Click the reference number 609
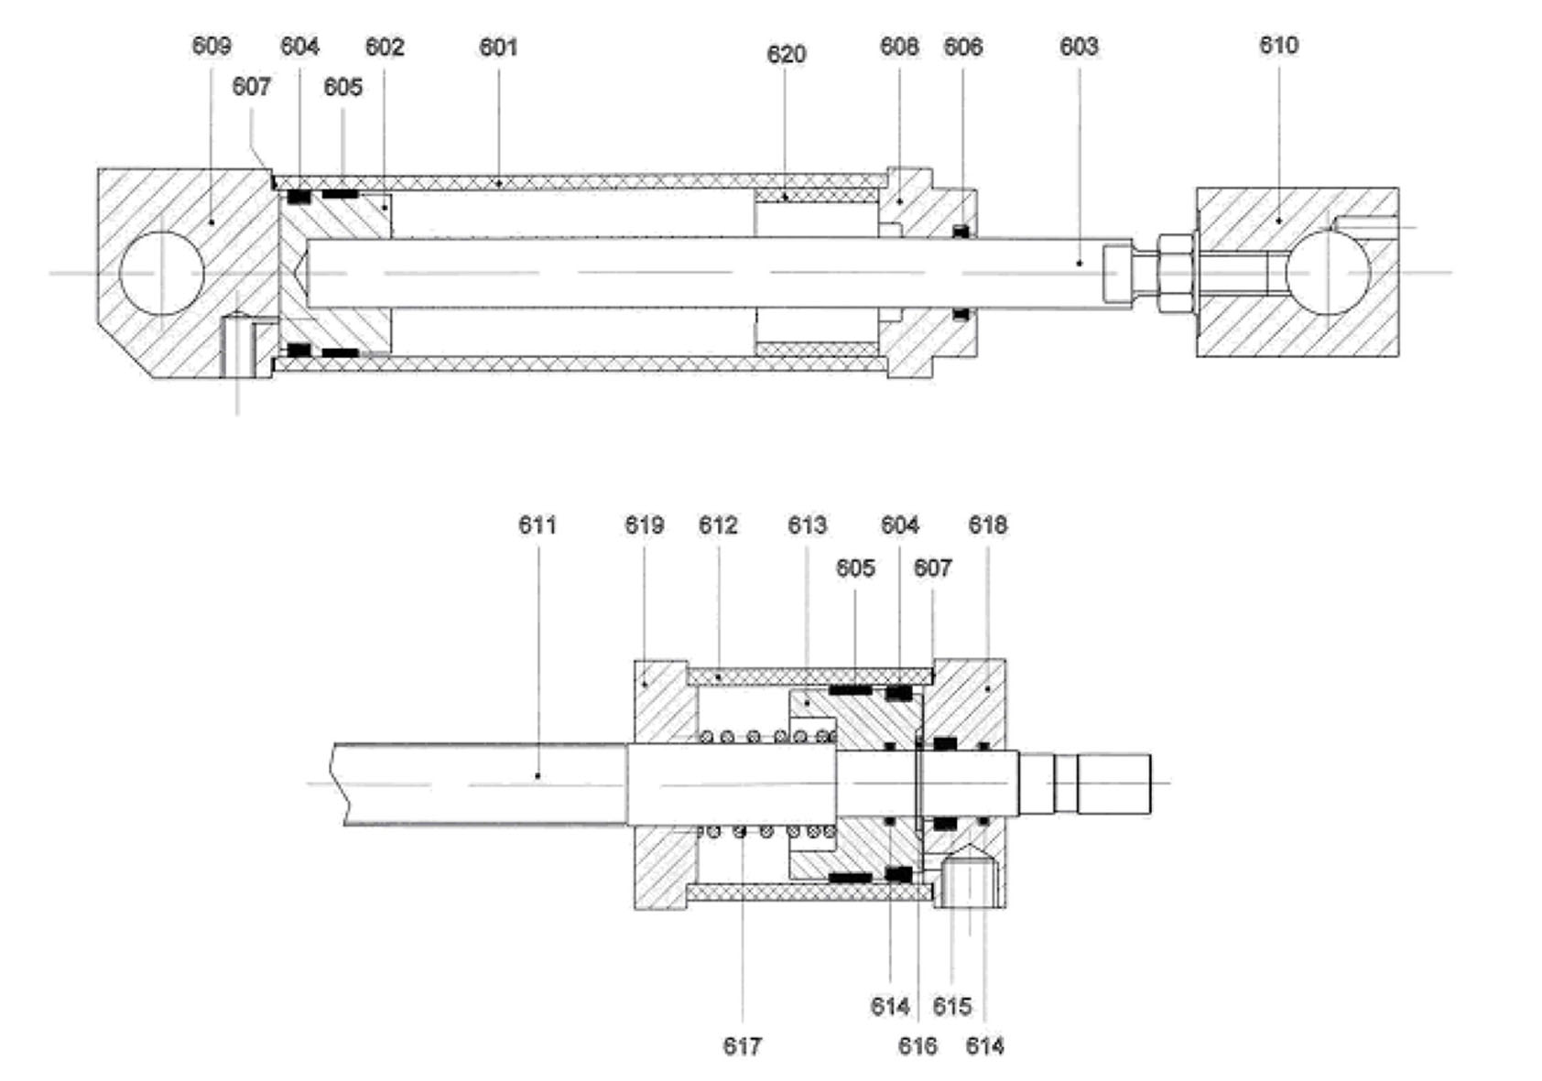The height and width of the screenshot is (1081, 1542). click(211, 46)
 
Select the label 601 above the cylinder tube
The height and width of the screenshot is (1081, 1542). click(498, 47)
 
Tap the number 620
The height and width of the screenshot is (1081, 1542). click(786, 55)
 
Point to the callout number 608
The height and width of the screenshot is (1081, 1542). click(898, 47)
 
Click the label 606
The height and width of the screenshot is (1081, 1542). click(962, 47)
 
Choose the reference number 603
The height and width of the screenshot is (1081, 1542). click(1078, 47)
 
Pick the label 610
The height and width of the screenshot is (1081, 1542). click(1278, 46)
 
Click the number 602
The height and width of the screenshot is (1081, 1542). click(385, 47)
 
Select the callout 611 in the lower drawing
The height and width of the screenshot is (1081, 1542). click(538, 525)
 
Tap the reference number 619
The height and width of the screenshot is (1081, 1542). click(644, 525)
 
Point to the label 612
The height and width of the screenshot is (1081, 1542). click(718, 525)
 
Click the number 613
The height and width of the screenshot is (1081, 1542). click(807, 525)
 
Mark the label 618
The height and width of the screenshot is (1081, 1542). click(987, 525)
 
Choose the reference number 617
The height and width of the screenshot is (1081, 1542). click(742, 1045)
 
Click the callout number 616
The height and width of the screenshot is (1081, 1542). click(918, 1045)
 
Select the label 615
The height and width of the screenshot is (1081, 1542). click(951, 1007)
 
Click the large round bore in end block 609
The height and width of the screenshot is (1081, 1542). click(161, 273)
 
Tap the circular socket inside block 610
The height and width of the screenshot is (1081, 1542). click(1327, 272)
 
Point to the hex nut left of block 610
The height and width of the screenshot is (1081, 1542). click(1176, 272)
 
